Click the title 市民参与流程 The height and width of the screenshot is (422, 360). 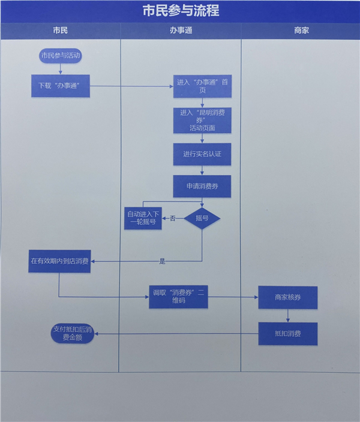[x=180, y=10]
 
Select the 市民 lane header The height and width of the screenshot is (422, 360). [x=60, y=30]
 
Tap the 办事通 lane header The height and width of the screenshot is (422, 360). [x=180, y=30]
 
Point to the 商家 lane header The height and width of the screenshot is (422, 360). [x=301, y=30]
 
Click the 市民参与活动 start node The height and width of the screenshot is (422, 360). [x=60, y=56]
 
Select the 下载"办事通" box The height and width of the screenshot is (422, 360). [x=60, y=86]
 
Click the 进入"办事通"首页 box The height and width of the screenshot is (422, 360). [x=202, y=86]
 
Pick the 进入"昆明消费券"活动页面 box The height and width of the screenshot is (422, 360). [x=202, y=120]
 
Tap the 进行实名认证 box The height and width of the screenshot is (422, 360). [x=202, y=154]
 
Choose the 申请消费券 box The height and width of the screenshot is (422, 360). [x=202, y=186]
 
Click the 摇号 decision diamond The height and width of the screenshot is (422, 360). [x=202, y=218]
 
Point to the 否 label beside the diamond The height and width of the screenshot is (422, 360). [x=173, y=219]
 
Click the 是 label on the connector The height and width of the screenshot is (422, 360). [x=162, y=261]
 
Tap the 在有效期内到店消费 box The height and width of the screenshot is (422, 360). [x=59, y=261]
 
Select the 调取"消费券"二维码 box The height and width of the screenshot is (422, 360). [x=178, y=296]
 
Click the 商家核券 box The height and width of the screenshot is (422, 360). [x=288, y=297]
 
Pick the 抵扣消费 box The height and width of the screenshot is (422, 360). [x=288, y=333]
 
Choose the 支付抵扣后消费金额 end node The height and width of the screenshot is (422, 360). [x=73, y=333]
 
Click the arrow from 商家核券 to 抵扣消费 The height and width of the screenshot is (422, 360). [x=288, y=315]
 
